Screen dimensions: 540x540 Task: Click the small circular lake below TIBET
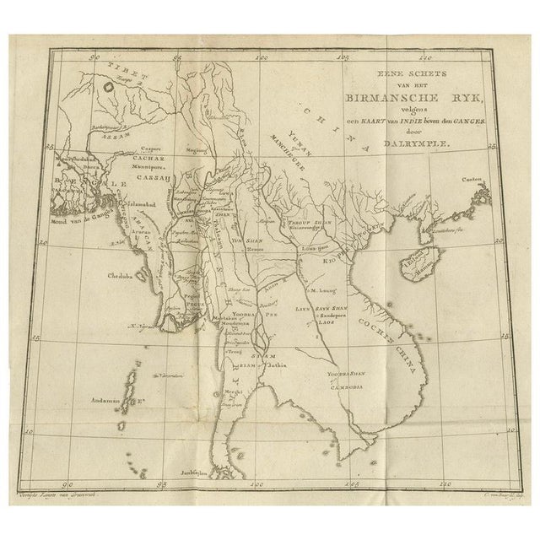(x=108, y=85)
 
